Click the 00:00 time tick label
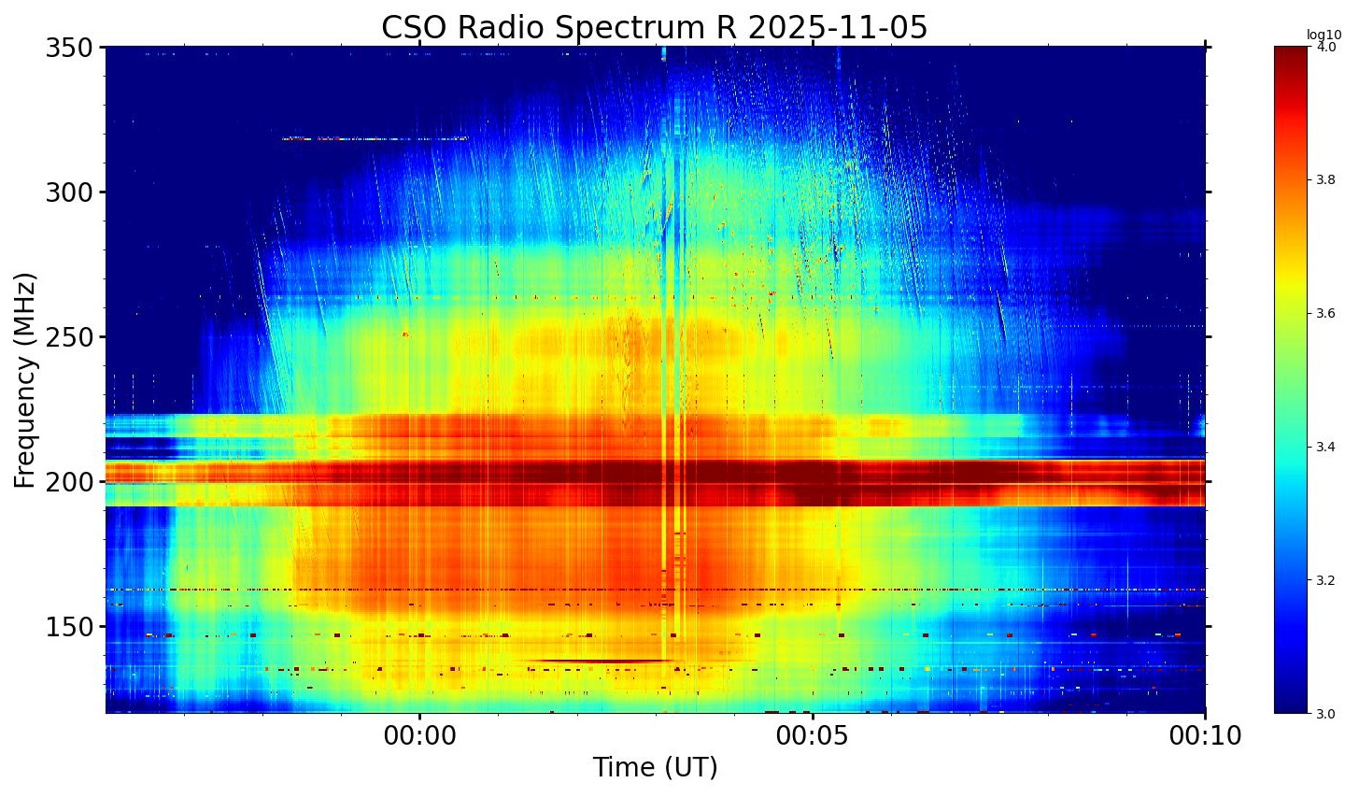point(420,736)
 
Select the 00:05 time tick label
point(814,736)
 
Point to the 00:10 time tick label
point(1205,736)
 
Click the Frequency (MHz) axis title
point(25,380)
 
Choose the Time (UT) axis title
point(655,768)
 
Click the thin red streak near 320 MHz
point(374,138)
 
